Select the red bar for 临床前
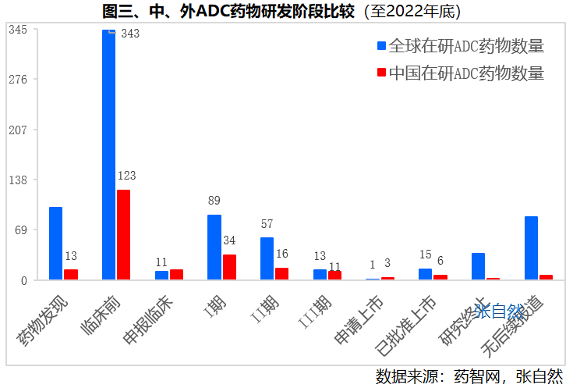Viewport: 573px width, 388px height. [x=123, y=234]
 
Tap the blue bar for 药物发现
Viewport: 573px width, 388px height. [x=55, y=243]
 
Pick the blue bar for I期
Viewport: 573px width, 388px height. [x=214, y=247]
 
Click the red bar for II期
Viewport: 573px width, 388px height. [x=281, y=273]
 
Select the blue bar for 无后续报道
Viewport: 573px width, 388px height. [x=531, y=247]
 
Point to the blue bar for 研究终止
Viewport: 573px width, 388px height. [x=478, y=266]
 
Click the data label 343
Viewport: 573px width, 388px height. [x=130, y=34]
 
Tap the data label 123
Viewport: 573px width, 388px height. [x=126, y=176]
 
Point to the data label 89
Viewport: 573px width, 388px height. [x=214, y=201]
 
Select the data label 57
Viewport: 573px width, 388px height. [x=267, y=224]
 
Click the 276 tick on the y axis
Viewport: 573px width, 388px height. [x=18, y=80]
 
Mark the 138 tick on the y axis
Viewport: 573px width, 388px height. [x=18, y=180]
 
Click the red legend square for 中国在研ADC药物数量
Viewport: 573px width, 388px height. [x=381, y=73]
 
